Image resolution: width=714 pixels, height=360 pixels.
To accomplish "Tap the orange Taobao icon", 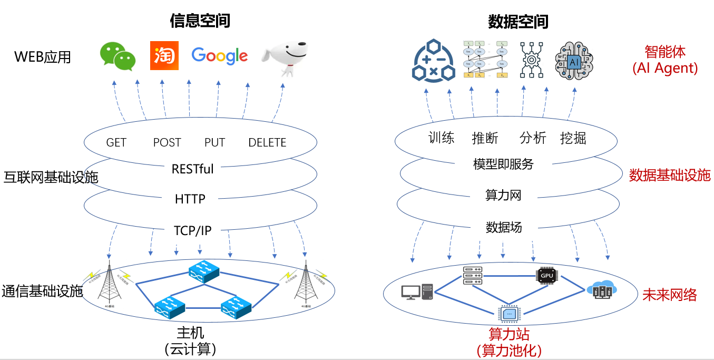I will [x=164, y=55].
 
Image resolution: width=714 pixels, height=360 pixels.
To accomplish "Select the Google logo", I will [x=219, y=55].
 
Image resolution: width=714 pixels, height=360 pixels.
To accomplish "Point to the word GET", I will [x=116, y=143].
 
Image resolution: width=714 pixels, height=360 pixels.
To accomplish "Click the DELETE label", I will [x=267, y=143].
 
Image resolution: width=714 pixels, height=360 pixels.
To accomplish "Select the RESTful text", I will [x=193, y=169].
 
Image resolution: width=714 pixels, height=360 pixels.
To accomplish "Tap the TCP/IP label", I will [x=193, y=231].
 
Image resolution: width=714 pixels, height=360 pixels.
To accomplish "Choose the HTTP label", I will [x=190, y=199].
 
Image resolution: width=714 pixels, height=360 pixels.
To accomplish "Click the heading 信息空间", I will [x=200, y=21].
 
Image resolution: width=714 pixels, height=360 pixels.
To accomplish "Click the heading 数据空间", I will [x=518, y=22].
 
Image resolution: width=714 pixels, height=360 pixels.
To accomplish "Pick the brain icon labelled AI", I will [x=574, y=61].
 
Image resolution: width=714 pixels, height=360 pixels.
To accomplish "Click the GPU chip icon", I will [x=546, y=276].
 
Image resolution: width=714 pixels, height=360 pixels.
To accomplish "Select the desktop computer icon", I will [x=417, y=292].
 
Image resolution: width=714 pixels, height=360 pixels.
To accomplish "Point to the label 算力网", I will [x=503, y=196].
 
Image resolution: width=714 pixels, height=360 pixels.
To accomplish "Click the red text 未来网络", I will [x=669, y=295].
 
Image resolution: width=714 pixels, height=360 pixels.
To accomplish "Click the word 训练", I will [x=441, y=138].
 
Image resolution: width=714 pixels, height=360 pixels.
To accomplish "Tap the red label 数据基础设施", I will [x=670, y=176].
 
